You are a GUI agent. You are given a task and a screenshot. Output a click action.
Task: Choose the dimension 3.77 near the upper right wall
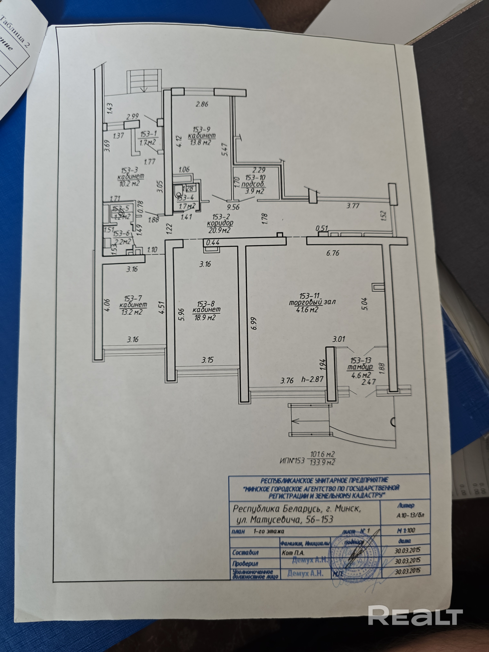click(x=353, y=206)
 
